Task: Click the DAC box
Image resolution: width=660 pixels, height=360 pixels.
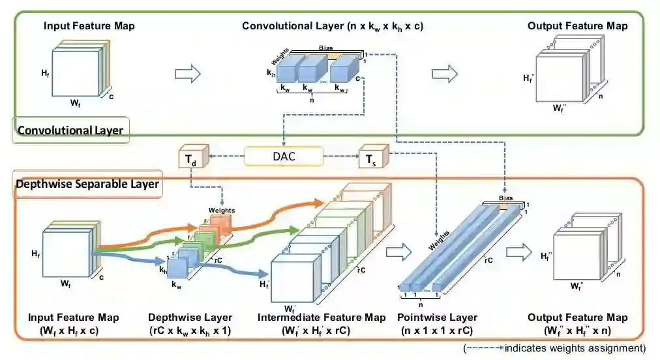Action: click(x=283, y=157)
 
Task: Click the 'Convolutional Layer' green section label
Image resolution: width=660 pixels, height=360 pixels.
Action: click(x=70, y=130)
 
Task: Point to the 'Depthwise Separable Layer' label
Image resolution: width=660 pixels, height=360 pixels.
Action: click(x=87, y=185)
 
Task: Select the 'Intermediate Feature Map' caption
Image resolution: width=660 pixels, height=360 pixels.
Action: click(x=322, y=318)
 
